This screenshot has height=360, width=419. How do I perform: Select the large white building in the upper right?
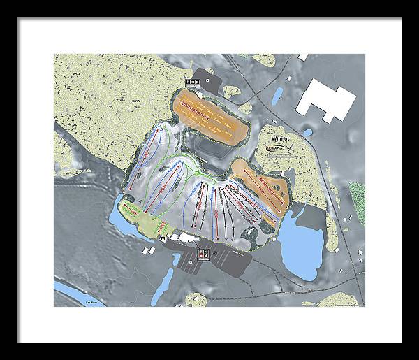coord(323,101)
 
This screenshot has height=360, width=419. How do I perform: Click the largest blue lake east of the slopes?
coord(298,246)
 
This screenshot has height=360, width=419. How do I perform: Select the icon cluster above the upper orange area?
coord(195,81)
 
